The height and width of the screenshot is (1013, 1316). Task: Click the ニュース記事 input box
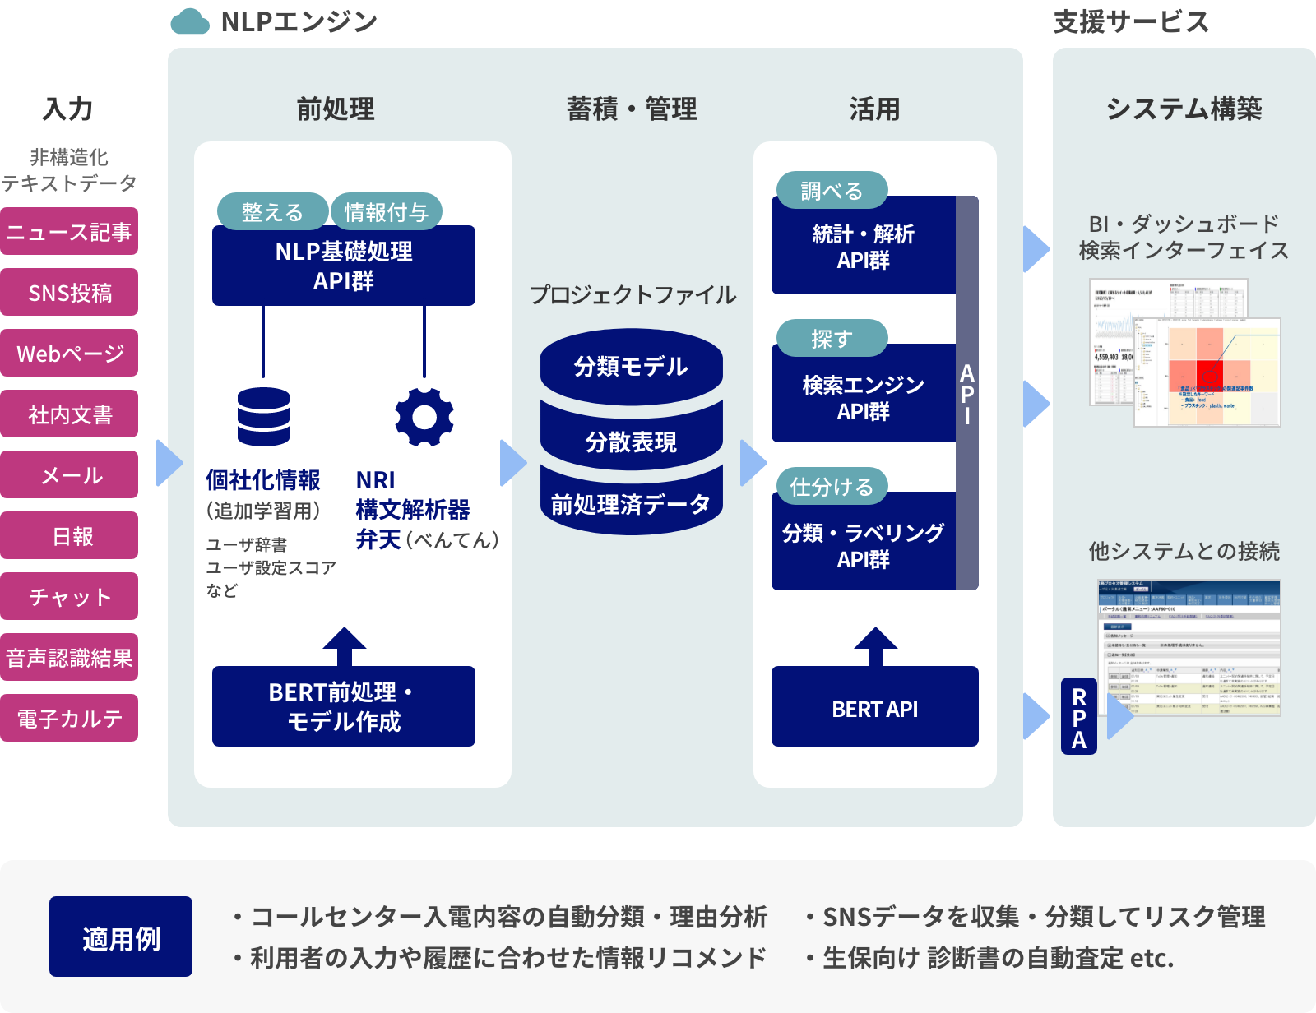69,232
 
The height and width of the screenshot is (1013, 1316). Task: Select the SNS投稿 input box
69,293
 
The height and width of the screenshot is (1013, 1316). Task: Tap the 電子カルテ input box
69,719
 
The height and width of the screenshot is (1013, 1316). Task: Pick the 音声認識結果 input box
69,658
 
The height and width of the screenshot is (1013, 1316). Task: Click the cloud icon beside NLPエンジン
190,21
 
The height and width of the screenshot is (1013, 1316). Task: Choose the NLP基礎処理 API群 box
343,266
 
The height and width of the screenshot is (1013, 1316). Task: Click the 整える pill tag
272,212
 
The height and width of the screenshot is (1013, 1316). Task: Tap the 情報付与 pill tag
386,212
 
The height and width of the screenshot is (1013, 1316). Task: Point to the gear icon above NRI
424,417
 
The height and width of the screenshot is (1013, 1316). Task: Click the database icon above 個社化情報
263,417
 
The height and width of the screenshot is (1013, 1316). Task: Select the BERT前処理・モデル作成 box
343,706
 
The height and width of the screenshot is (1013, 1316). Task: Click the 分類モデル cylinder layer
631,366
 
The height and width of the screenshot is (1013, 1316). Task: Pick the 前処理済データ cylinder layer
631,504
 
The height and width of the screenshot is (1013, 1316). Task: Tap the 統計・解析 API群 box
863,247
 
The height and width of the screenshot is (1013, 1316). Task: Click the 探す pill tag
832,339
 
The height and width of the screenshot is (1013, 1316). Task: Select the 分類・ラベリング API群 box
863,545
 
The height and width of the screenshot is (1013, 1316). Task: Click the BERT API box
874,708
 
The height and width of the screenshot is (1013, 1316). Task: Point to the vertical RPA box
1079,717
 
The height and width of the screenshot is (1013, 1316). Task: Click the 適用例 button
121,937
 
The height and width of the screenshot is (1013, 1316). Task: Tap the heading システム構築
1184,109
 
